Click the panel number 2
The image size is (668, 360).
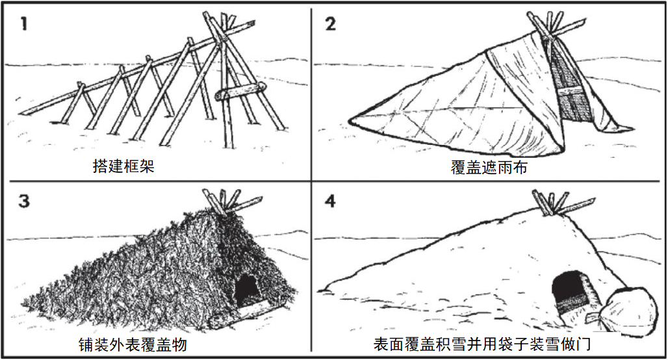pyautogui.click(x=330, y=26)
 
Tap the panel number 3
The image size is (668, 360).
pyautogui.click(x=24, y=201)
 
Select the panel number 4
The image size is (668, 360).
pyautogui.click(x=330, y=201)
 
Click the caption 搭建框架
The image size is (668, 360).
pyautogui.click(x=123, y=167)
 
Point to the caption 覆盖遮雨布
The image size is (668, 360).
pyautogui.click(x=489, y=168)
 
